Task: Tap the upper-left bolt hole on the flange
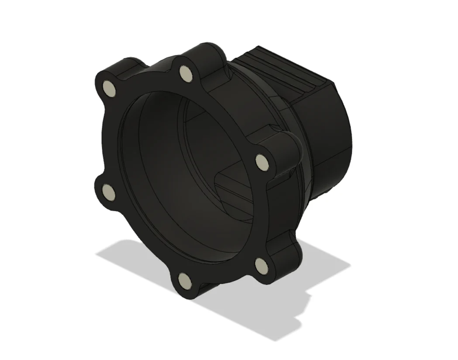(110, 89)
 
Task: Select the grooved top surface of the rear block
(279, 70)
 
